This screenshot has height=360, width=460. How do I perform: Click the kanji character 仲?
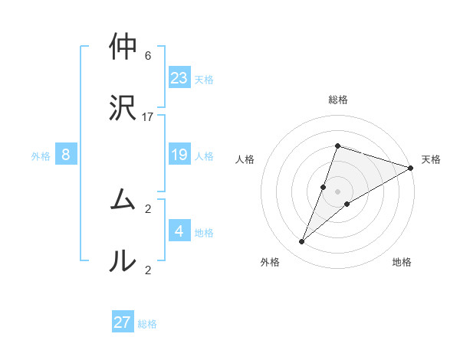point(123,47)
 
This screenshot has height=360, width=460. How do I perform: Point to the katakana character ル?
point(123,260)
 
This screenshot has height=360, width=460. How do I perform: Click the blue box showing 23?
point(179,78)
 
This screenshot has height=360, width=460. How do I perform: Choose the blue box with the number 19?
point(179,155)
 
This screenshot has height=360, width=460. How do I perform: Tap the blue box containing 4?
point(179,231)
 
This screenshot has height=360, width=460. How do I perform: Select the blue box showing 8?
point(66,155)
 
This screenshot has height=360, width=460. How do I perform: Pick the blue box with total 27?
point(123,322)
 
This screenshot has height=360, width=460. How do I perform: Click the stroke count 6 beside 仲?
point(148,56)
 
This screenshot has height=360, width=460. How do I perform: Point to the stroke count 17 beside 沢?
point(148,117)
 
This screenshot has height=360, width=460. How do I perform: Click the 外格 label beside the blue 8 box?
point(41,156)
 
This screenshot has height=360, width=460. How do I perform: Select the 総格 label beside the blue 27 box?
point(148,324)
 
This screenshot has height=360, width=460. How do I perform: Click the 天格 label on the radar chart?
point(431,159)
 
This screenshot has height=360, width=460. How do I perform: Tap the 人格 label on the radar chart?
point(245,159)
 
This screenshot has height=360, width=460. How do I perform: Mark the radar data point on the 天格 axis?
point(411,168)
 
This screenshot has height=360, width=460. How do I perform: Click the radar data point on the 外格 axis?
point(302,242)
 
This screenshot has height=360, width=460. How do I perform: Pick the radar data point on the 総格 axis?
point(337,146)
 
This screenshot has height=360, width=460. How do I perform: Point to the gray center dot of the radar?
point(337,191)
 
